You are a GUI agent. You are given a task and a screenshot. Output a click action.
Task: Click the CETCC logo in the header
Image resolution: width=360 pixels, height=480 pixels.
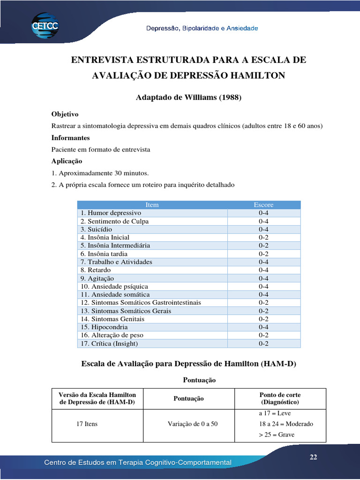[45, 25]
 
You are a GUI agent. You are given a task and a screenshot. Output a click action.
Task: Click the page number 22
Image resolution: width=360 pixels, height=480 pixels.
[313, 457]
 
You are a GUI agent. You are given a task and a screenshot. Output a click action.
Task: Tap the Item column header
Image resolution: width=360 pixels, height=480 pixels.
[152, 205]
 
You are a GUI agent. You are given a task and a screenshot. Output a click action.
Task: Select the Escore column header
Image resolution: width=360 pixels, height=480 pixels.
[263, 205]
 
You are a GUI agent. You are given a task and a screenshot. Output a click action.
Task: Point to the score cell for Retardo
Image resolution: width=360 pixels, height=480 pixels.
[263, 270]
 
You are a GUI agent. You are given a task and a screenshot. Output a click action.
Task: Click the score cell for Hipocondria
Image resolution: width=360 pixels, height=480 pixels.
[263, 327]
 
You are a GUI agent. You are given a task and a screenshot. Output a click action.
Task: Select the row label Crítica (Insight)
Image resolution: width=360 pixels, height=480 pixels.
[109, 344]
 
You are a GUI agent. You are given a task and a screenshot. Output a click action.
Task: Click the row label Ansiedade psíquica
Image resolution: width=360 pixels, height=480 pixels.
[114, 286]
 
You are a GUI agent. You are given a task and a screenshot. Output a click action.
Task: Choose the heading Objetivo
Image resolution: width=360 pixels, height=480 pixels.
[65, 114]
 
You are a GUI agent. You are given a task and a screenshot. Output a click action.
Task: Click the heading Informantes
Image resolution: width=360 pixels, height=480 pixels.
[70, 138]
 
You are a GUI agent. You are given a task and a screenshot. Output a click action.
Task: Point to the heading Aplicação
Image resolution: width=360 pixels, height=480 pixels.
[67, 161]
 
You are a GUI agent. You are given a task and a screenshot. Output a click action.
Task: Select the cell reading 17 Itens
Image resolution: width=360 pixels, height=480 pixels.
[87, 424]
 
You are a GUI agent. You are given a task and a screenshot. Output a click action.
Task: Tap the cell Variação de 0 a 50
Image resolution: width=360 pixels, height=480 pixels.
[193, 424]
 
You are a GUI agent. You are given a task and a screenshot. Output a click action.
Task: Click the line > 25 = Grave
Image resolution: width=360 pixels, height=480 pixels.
[277, 435]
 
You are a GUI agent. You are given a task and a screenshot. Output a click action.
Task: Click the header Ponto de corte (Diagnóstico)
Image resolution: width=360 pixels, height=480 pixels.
[280, 398]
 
